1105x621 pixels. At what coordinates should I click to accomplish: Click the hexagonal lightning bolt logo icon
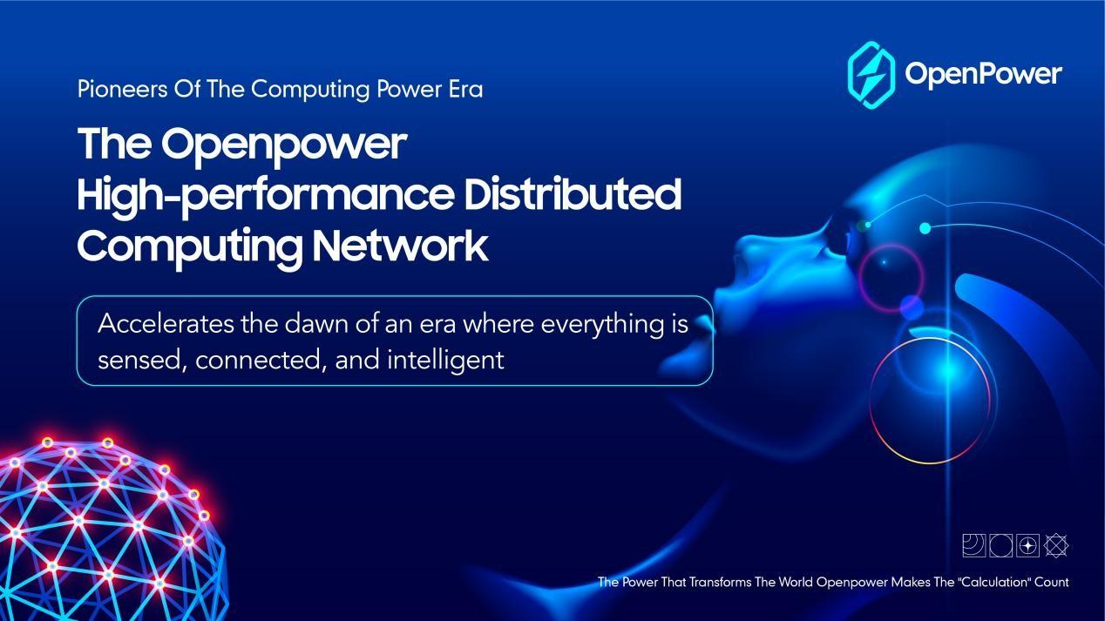coord(871,75)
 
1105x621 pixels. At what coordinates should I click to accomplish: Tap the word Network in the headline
coord(401,246)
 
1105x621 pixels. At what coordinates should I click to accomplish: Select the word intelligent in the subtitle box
coord(445,361)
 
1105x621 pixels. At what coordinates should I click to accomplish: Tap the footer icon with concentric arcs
coord(973,545)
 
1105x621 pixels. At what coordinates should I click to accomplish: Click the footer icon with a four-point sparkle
coord(1028,545)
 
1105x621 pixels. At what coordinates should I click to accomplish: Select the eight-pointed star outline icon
coord(1056,545)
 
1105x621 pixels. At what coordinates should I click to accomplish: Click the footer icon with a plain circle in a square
coord(1001,545)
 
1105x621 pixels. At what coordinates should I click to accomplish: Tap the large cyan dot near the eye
coord(925,228)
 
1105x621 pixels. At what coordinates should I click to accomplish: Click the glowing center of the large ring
coord(947,373)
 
